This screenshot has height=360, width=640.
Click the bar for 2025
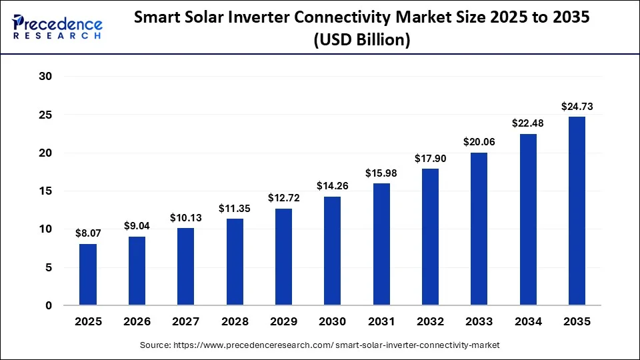pos(88,274)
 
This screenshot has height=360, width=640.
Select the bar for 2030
pos(332,251)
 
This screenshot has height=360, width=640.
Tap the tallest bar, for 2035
pos(577,211)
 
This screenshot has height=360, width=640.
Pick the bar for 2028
pos(235,261)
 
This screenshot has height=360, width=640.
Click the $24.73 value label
pos(577,107)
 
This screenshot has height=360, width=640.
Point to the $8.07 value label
pos(88,233)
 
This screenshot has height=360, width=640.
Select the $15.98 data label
pos(381,173)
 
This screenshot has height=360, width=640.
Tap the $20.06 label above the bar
pos(479,142)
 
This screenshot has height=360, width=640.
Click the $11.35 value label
pos(234,209)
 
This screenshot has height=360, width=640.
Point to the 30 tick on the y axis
pos(45,76)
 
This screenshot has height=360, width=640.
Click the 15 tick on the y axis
pos(45,191)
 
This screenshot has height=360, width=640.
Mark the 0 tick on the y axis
pos(49,305)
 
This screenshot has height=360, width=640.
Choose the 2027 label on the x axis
pos(186,321)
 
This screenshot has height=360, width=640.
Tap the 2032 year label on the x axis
pos(430,321)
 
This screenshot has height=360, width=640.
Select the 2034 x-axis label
pos(528,321)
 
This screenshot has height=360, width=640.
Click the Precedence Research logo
pos(57,27)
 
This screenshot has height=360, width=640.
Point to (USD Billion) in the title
pos(361,39)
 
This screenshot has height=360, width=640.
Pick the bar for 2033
pos(479,229)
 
